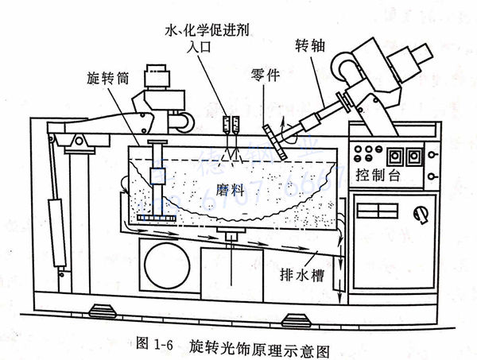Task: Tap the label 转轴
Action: point(308,47)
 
